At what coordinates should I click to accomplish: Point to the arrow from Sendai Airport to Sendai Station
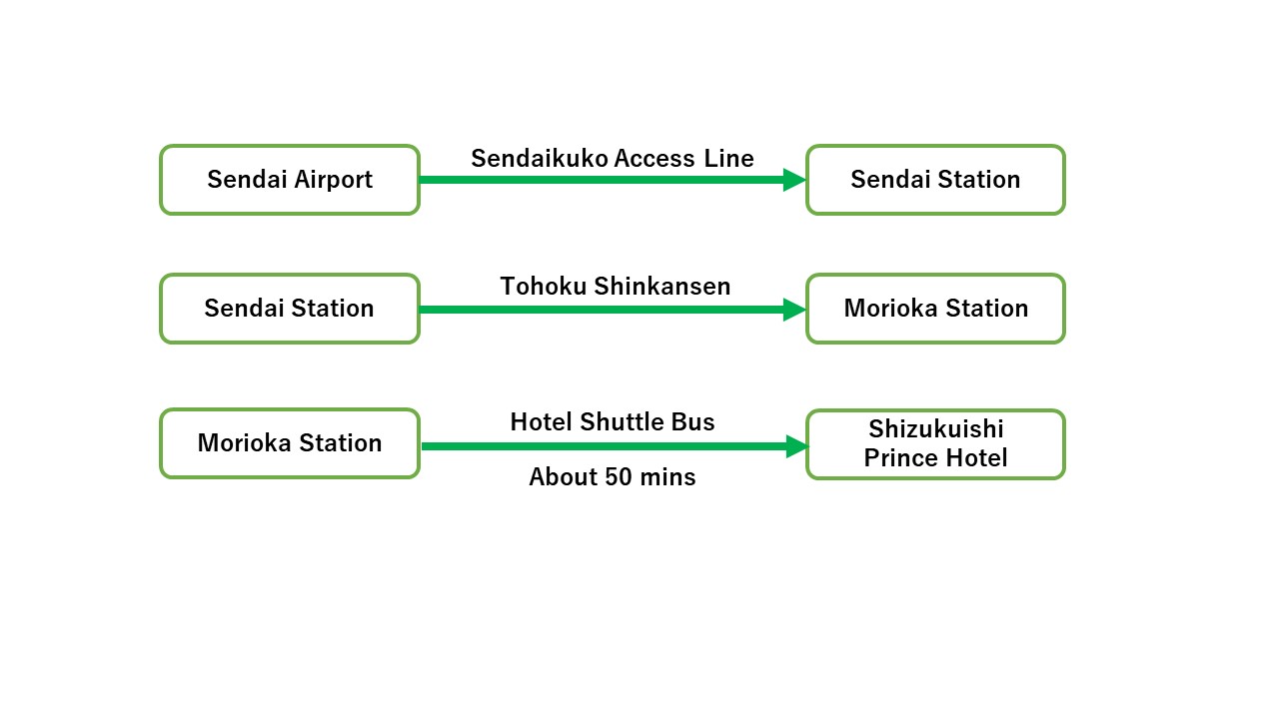point(613,180)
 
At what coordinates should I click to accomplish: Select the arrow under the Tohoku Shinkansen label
point(613,310)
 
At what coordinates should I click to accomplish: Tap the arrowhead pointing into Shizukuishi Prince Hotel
point(797,446)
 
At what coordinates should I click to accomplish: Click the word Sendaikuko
point(540,159)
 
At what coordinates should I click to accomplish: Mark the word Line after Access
point(729,159)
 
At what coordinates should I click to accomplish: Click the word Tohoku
point(544,287)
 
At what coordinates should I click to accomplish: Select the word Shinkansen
point(662,287)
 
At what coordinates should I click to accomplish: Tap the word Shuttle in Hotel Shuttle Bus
point(622,422)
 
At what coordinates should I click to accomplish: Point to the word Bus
point(692,422)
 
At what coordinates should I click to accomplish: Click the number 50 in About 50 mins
point(619,477)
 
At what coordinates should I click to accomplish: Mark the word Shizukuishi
point(936,429)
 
